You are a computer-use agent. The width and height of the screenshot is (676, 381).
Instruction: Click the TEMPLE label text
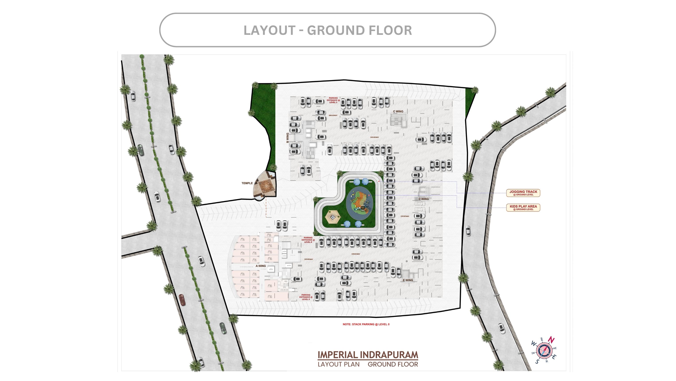click(x=247, y=183)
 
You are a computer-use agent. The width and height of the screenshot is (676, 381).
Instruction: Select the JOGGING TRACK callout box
click(x=523, y=193)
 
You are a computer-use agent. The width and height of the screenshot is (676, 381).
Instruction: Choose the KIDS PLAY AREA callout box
click(x=523, y=207)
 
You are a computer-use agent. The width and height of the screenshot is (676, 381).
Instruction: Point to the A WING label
click(x=261, y=266)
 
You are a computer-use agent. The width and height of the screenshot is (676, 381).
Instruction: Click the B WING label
click(x=287, y=138)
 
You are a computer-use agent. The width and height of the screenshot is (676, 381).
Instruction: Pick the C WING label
click(x=398, y=111)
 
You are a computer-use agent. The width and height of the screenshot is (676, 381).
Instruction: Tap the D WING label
click(x=423, y=199)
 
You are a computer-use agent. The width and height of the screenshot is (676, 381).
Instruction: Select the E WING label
click(x=408, y=280)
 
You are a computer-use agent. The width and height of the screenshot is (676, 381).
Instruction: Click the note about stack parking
click(x=366, y=324)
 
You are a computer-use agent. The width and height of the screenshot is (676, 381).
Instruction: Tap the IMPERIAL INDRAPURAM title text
click(x=368, y=355)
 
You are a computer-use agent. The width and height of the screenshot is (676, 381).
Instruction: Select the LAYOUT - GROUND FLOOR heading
click(x=327, y=30)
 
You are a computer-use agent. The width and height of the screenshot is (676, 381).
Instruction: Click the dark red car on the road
click(x=182, y=300)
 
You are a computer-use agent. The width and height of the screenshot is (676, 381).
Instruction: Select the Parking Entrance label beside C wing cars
click(x=333, y=100)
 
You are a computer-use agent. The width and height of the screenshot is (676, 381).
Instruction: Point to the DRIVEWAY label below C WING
click(x=374, y=137)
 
